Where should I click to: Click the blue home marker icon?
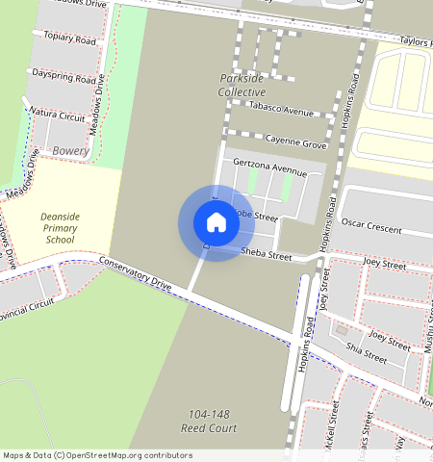coord(216,222)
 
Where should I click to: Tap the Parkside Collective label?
coord(242,85)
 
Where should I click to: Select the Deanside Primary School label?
coord(60,228)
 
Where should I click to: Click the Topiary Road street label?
coord(64,39)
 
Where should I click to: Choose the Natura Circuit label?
coord(58,113)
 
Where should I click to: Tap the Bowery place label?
coord(71,151)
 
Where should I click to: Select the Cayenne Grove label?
coord(296,141)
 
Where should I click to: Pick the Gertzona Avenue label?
coord(268,168)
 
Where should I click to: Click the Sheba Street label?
coord(266,255)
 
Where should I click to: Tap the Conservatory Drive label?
coord(135,274)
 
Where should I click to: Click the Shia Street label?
coord(366,353)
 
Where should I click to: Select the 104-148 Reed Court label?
coord(209,420)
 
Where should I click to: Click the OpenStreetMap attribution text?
coord(97,455)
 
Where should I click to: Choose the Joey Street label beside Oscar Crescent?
coord(385,262)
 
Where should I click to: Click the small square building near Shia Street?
coord(340,331)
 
